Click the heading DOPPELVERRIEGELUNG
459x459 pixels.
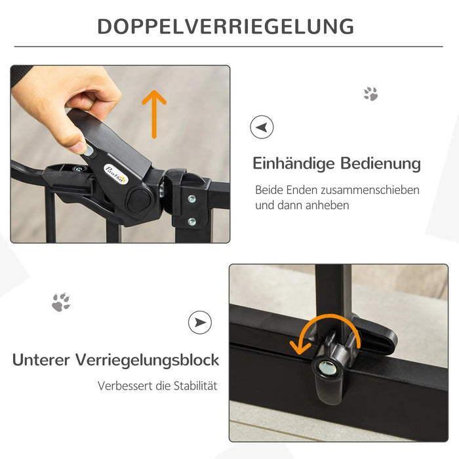pyautogui.click(x=226, y=26)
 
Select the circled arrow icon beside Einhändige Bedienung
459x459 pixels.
pyautogui.click(x=262, y=127)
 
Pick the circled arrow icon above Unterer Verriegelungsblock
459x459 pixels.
pyautogui.click(x=200, y=323)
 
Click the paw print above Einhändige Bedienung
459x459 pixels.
pyautogui.click(x=371, y=94)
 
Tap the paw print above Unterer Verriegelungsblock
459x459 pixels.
pyautogui.click(x=61, y=302)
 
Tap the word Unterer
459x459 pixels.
pyautogui.click(x=41, y=360)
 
